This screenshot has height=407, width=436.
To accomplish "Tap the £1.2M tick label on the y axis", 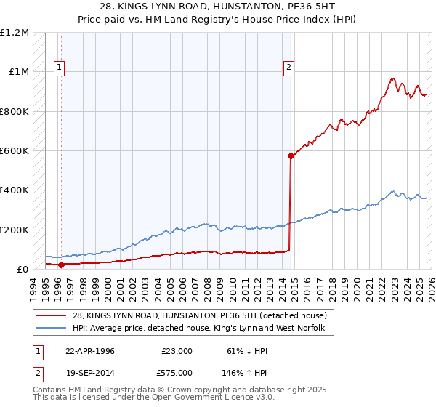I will (x=15, y=33).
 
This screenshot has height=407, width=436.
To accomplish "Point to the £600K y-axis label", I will (x=15, y=151).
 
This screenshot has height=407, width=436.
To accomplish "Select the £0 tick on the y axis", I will (x=23, y=270).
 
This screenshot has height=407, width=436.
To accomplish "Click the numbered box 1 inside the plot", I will (x=59, y=68).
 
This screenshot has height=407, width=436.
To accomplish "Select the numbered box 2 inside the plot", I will (x=288, y=68).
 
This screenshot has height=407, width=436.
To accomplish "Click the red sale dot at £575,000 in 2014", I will (x=291, y=156).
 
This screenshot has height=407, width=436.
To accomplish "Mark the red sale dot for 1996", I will (x=62, y=265).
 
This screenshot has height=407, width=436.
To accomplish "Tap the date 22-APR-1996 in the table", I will (x=90, y=350).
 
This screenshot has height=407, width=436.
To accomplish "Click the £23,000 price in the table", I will (x=177, y=350).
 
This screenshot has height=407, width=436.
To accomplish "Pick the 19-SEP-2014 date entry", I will (x=90, y=372).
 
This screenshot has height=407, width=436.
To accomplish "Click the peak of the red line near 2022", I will (x=392, y=78).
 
